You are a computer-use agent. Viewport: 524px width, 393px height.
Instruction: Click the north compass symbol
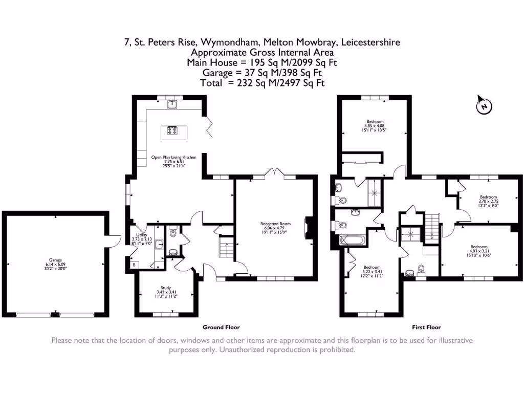tap(484, 105)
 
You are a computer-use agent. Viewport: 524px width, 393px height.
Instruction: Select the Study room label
tap(165, 291)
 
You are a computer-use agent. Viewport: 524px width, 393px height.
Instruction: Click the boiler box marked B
tap(134, 265)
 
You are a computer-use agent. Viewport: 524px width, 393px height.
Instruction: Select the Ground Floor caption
tap(221, 327)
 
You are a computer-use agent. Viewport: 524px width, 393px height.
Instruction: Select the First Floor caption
tap(426, 327)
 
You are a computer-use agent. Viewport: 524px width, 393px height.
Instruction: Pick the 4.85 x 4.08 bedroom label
tap(376, 125)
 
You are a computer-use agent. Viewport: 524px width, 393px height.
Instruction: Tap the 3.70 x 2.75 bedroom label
tap(488, 201)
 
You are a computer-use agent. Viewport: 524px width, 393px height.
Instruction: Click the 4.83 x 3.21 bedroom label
tap(479, 251)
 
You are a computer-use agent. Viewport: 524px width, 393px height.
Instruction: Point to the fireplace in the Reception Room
tap(308, 228)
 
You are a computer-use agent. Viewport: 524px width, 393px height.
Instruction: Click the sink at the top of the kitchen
tap(172, 105)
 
